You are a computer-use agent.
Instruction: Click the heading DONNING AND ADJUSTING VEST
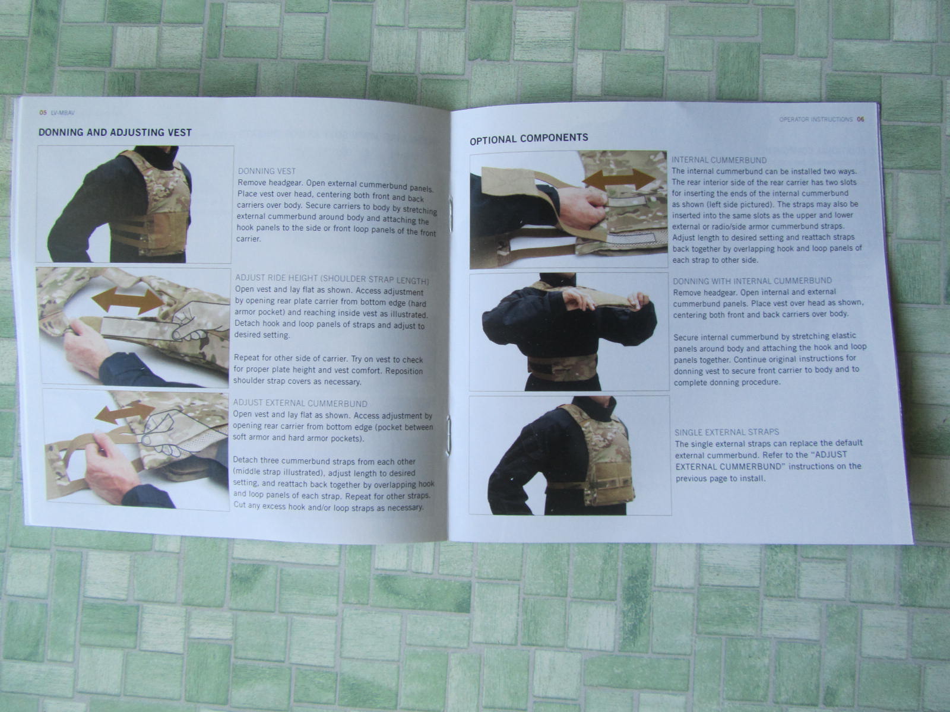tap(115, 132)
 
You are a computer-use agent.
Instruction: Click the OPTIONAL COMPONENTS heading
tap(529, 139)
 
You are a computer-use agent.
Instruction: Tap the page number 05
tap(42, 112)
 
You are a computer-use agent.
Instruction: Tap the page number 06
tap(860, 119)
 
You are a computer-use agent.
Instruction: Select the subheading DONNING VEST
tap(267, 171)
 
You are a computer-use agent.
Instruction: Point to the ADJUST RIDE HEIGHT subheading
tap(332, 279)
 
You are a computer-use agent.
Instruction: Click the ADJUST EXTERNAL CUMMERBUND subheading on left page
tap(300, 403)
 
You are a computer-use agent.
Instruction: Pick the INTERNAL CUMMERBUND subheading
tap(719, 160)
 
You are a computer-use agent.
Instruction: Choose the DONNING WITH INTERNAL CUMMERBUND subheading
tap(752, 281)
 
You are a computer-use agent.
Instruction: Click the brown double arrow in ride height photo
tap(128, 301)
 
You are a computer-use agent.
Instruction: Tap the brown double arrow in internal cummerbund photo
tap(619, 179)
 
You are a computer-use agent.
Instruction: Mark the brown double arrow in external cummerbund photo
tap(125, 412)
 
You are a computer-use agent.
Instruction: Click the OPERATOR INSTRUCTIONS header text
tap(816, 119)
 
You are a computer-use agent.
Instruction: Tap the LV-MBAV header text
tap(63, 113)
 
